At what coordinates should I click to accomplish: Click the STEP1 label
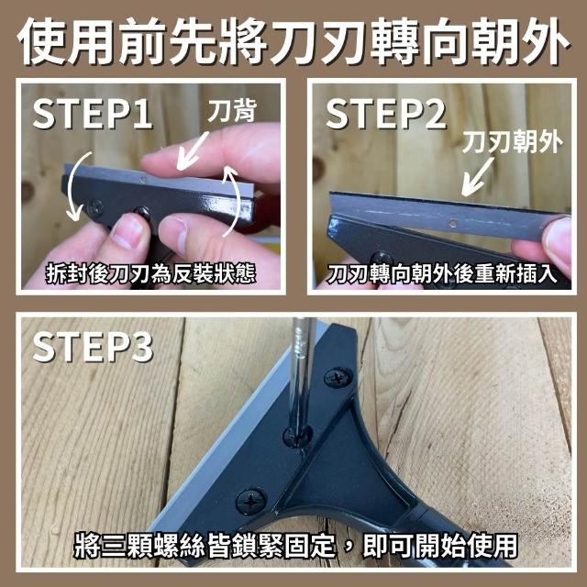pos(93,113)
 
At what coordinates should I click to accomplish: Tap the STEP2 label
pos(386,113)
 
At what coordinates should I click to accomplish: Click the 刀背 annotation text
pos(232,111)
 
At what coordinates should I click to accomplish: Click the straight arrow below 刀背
pos(192,150)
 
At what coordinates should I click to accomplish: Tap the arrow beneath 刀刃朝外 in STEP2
pos(477,176)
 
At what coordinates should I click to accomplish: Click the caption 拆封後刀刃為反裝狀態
pos(150,273)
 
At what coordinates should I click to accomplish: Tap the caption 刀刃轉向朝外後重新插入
pos(441,273)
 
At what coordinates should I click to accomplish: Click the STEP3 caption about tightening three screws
pos(295,545)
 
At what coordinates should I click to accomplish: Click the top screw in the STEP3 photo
pos(338,377)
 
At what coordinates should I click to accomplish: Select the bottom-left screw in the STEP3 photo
pos(250,501)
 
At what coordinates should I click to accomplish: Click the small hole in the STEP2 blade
pos(452,224)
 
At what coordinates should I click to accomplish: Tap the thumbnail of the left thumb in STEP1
pos(126,231)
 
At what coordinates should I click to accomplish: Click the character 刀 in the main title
pos(293,41)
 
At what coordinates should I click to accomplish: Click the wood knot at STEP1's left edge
pos(27,190)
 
